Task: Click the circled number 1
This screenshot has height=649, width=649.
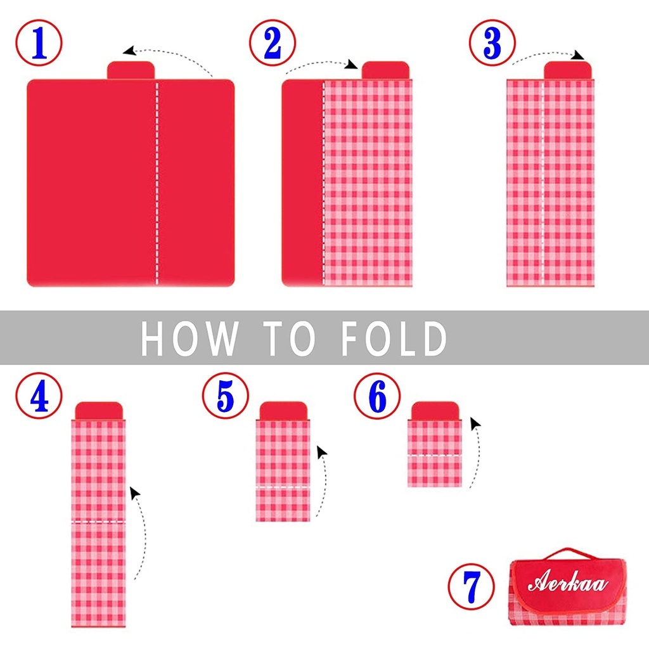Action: pyautogui.click(x=39, y=42)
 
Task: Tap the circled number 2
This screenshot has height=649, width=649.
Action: pyautogui.click(x=273, y=42)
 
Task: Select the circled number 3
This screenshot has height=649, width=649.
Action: pyautogui.click(x=492, y=42)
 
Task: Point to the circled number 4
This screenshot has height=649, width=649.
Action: pyautogui.click(x=39, y=395)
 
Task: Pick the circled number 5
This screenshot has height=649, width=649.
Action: pyautogui.click(x=226, y=395)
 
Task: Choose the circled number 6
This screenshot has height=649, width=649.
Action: pyautogui.click(x=377, y=395)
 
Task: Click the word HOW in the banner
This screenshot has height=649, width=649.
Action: pyautogui.click(x=190, y=338)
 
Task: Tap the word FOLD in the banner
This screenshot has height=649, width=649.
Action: pyautogui.click(x=394, y=338)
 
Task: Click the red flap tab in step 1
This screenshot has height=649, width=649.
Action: pyautogui.click(x=131, y=70)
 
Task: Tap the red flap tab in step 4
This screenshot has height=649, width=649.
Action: pyautogui.click(x=99, y=411)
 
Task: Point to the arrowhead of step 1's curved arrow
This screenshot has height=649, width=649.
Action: pyautogui.click(x=129, y=51)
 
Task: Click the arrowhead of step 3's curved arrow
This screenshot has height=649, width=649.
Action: pyautogui.click(x=578, y=55)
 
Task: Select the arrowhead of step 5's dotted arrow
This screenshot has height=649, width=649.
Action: pyautogui.click(x=321, y=451)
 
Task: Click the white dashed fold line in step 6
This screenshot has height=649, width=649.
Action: pyautogui.click(x=435, y=455)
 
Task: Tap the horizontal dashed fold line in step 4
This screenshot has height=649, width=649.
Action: pyautogui.click(x=98, y=522)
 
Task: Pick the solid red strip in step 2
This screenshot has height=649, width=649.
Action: pyautogui.click(x=302, y=183)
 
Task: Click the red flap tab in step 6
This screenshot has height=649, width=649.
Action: pyautogui.click(x=435, y=411)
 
